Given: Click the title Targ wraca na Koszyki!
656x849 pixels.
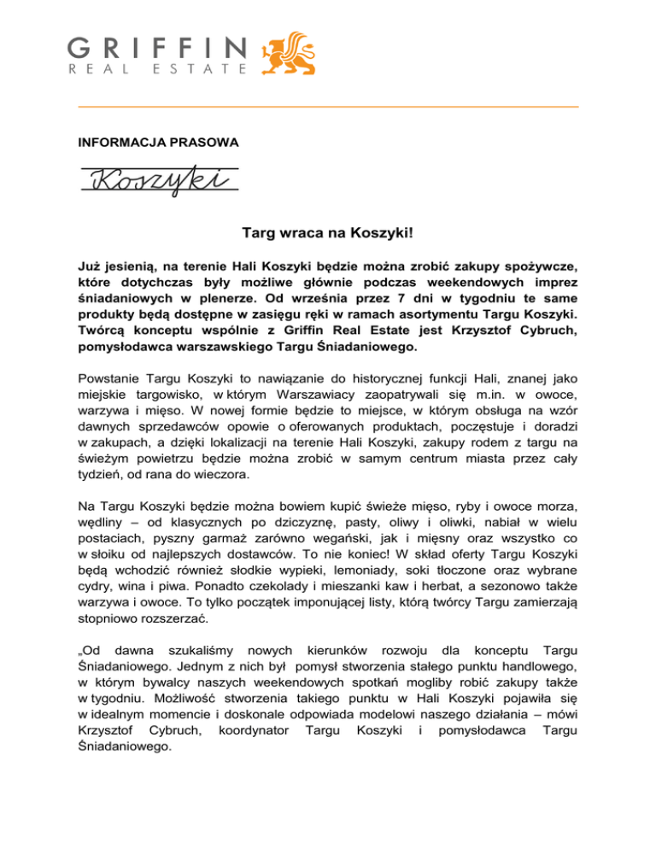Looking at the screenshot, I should (x=327, y=231).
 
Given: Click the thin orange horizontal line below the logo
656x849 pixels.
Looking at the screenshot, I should (x=327, y=106).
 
